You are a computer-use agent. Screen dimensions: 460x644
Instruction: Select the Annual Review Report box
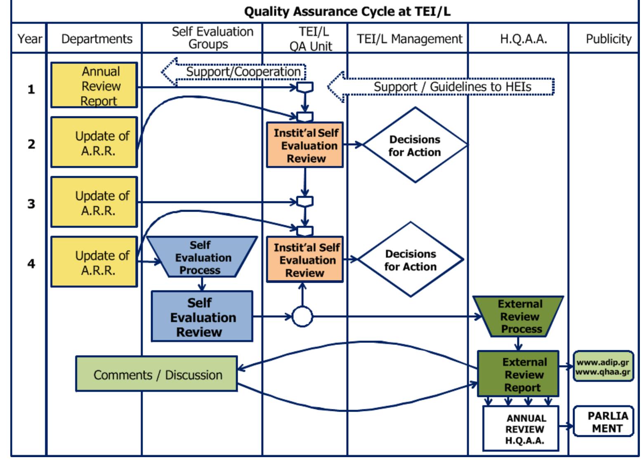click(94, 85)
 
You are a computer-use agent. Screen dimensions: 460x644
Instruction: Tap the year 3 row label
click(31, 204)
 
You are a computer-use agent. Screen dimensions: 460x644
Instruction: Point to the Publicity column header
click(608, 39)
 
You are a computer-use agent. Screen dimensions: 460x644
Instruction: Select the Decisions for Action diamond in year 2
click(415, 145)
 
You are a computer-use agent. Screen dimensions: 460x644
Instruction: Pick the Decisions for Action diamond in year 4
click(410, 260)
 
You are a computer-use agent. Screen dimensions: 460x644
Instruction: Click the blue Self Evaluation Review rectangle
click(202, 317)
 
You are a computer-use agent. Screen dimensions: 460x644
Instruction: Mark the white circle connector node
click(302, 317)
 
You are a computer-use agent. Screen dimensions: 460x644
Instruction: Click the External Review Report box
click(518, 374)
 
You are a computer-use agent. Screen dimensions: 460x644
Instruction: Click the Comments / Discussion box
click(157, 374)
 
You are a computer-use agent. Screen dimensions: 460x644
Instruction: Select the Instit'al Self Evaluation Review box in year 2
click(305, 145)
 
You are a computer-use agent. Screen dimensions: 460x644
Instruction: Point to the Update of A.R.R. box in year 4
click(94, 262)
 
